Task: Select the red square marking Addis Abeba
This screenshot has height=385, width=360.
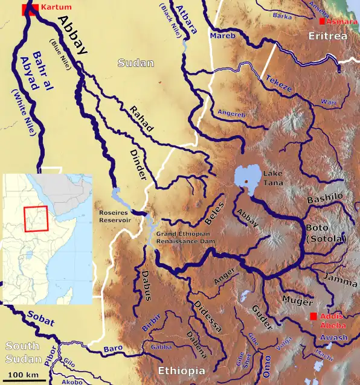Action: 313,317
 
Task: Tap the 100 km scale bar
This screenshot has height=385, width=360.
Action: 24,380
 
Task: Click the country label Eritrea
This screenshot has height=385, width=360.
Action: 327,37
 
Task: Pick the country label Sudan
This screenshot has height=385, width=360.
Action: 136,63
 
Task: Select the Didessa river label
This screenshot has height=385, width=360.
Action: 208,314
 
